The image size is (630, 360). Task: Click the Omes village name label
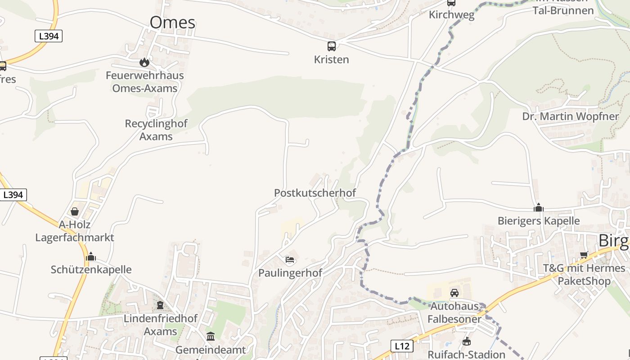pos(172,22)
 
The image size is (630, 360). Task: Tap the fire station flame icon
pos(144,62)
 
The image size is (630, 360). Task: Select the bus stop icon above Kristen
pos(332,46)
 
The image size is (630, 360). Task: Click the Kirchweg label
pos(451,15)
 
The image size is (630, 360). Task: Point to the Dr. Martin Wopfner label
pos(571,117)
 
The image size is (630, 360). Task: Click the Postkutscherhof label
pos(315,193)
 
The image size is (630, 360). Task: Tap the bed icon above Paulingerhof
pos(290,260)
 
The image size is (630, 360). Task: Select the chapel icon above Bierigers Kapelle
pos(539,208)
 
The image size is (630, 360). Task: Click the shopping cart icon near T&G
pos(584,255)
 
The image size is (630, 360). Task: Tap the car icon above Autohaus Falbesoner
pos(454,293)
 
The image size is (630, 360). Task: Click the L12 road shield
pos(401,346)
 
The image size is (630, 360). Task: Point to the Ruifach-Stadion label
pos(466,355)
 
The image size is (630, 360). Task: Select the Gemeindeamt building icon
pos(211,336)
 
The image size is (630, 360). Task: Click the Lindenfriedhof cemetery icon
pos(160,306)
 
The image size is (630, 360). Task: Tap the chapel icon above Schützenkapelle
pos(91,257)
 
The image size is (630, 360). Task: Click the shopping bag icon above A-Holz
pos(75,211)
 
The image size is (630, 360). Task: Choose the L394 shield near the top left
pos(49,36)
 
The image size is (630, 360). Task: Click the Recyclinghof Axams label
pos(156,130)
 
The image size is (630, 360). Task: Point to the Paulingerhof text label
pos(290,273)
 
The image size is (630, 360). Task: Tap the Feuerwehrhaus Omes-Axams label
pos(145,81)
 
